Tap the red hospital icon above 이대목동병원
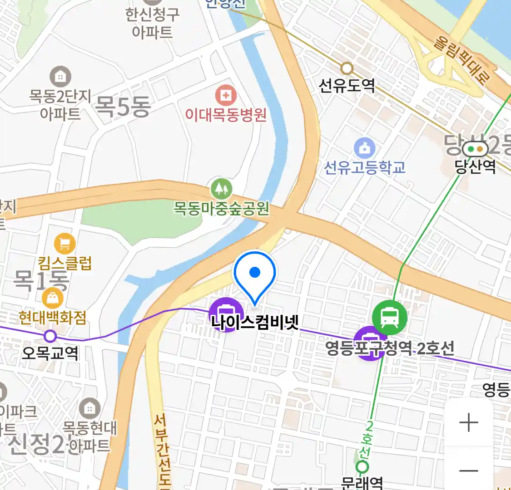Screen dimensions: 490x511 [225, 95]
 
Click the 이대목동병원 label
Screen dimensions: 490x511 [225, 115]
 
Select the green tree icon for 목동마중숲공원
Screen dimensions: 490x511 [222, 189]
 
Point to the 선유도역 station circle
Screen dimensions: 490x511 [347, 69]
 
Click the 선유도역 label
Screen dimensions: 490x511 [347, 85]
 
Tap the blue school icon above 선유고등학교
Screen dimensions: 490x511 [364, 148]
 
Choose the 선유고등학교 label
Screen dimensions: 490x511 [364, 167]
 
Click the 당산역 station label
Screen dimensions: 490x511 [475, 167]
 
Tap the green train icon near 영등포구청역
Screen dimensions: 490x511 [389, 317]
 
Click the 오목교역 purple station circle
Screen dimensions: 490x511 [50, 336]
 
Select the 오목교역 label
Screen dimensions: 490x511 [50, 353]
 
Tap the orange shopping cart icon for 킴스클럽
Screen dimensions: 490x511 [64, 244]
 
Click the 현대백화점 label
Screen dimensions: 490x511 [52, 318]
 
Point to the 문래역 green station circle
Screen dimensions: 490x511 [362, 466]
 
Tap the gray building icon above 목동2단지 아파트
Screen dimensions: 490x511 [60, 77]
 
